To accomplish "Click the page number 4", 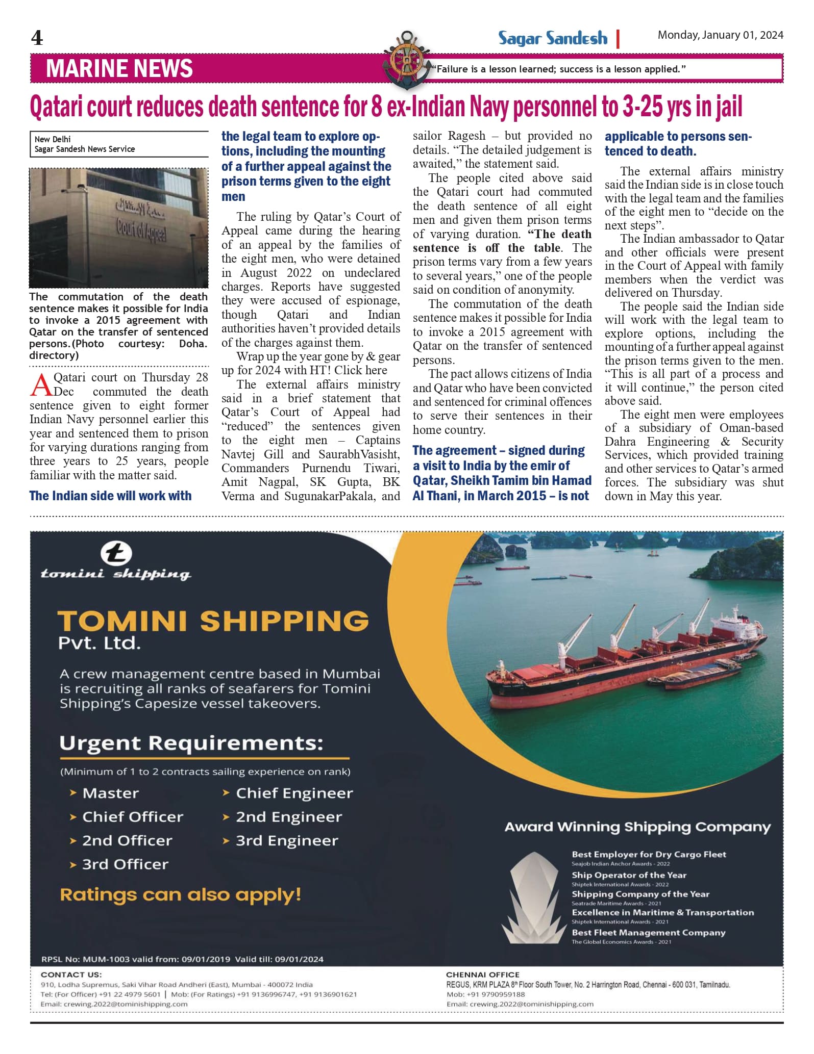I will click(x=37, y=38).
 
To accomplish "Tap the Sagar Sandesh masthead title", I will click(x=553, y=39).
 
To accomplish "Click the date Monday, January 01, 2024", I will click(x=720, y=35).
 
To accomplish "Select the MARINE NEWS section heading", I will click(x=119, y=69).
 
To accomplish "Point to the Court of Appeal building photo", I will click(x=118, y=228).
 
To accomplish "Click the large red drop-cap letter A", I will click(x=40, y=384).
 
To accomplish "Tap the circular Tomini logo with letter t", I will click(x=116, y=553).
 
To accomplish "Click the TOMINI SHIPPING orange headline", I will click(x=213, y=621).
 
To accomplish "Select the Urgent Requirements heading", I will click(x=191, y=743).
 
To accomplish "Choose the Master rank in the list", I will click(x=110, y=793).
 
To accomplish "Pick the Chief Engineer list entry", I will click(x=294, y=793).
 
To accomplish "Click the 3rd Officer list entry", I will click(x=125, y=864).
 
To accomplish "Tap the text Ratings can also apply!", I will click(x=180, y=894).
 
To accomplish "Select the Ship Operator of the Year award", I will click(x=629, y=875).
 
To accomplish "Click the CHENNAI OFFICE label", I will click(x=482, y=974).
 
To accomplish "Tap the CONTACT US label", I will click(x=71, y=974).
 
